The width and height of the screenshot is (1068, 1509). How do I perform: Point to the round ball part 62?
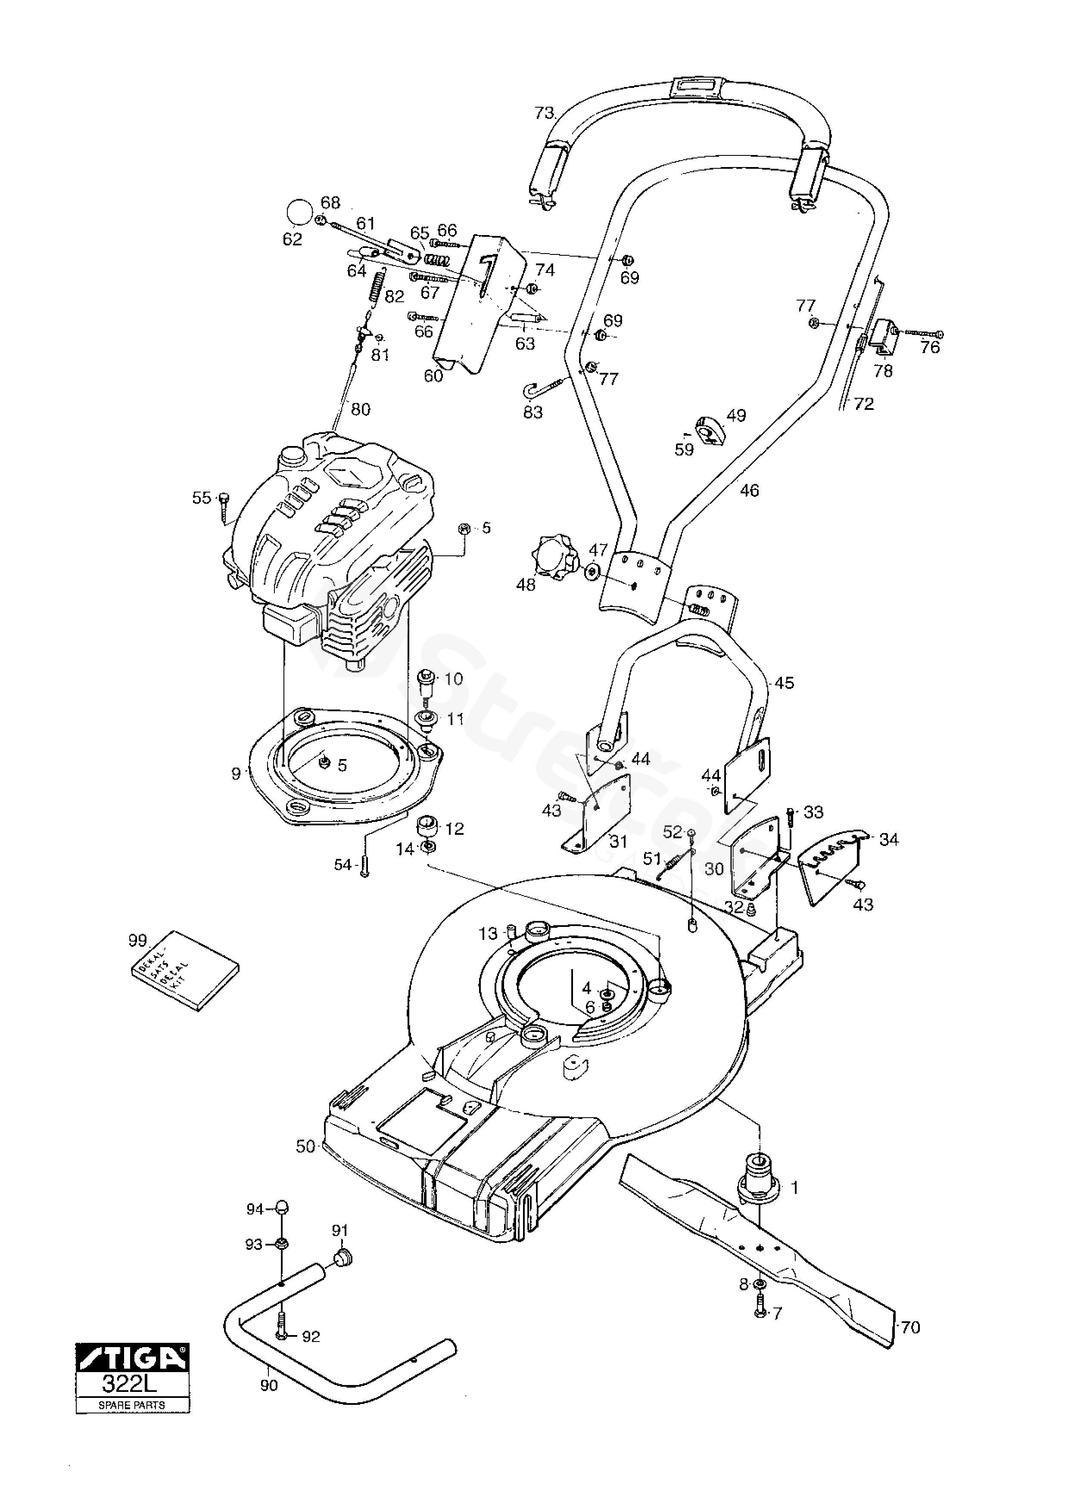[x=299, y=213]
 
